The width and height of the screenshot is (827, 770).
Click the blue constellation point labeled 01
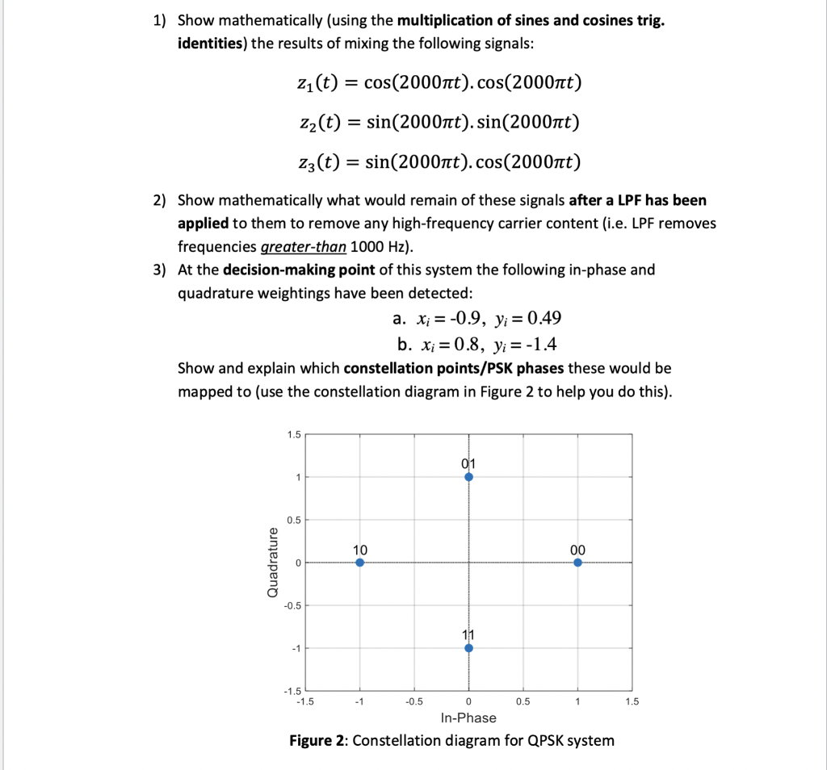point(468,477)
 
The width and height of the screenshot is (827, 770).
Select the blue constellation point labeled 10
point(359,563)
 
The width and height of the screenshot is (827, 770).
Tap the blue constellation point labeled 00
point(577,563)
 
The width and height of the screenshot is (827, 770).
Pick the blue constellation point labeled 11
point(468,647)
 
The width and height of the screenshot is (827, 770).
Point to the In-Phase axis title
point(468,718)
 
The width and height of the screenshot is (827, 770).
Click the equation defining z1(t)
point(439,82)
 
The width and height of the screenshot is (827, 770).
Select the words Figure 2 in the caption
point(317,741)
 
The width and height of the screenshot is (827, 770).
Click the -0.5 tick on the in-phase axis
point(413,701)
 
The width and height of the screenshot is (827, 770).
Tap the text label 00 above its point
point(577,549)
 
